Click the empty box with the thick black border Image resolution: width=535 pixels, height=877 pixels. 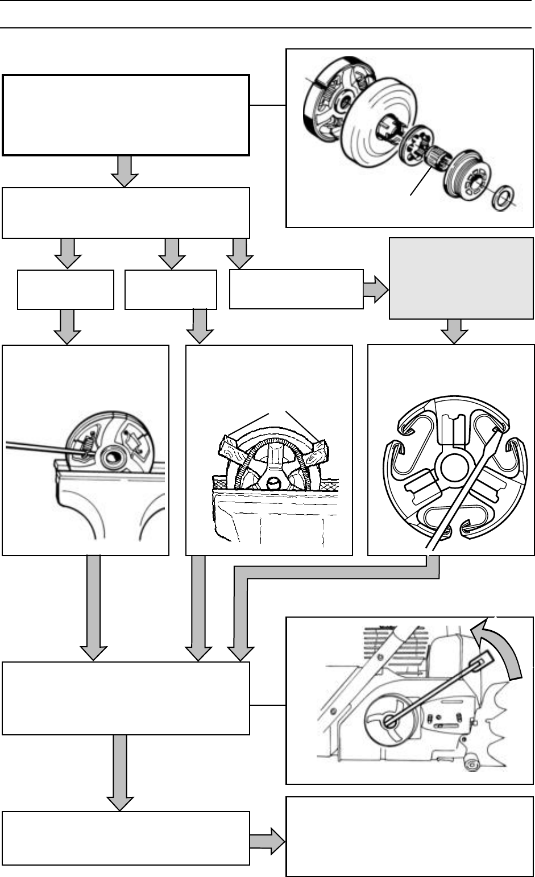(126, 114)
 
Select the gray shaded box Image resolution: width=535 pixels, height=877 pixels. (461, 279)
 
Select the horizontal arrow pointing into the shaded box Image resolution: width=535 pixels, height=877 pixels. (376, 289)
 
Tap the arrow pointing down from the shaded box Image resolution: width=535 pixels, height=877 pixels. (457, 331)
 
